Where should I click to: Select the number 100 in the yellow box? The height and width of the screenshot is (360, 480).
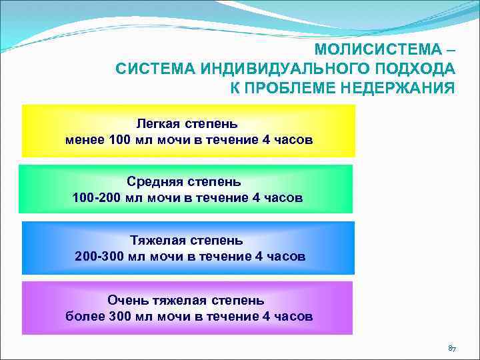point(121,141)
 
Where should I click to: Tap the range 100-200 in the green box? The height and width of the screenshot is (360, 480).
point(98,198)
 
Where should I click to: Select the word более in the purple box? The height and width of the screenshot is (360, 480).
point(84,317)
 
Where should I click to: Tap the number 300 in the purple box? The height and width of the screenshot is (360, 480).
point(121,317)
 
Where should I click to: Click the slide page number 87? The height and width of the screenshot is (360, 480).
point(451,349)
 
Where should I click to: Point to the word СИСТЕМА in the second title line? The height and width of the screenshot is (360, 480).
point(145,69)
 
